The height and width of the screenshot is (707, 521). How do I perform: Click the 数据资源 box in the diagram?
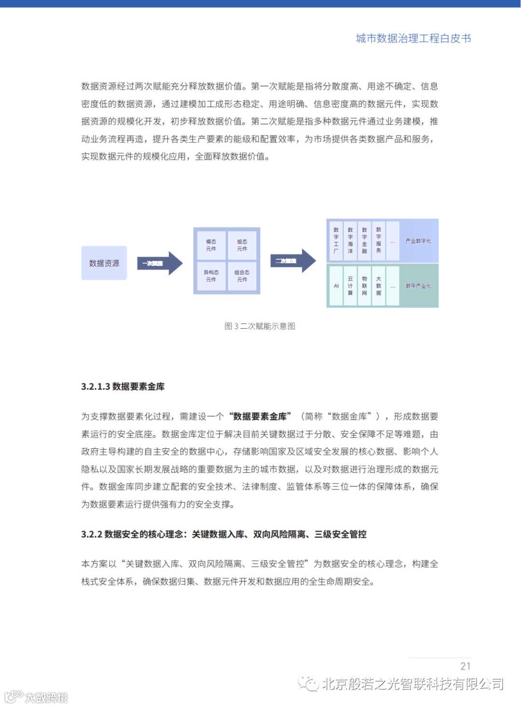(104, 263)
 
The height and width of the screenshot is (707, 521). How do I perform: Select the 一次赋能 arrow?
(160, 263)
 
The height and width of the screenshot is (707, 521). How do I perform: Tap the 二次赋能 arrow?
(292, 261)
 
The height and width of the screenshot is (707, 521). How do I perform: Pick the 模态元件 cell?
(211, 245)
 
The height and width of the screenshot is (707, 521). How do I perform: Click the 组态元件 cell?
(242, 245)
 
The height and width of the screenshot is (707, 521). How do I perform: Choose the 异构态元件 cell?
(211, 276)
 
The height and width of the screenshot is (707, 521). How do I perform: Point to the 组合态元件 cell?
(242, 276)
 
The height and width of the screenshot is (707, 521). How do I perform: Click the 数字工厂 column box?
(336, 240)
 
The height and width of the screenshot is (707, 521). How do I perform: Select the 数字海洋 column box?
(350, 240)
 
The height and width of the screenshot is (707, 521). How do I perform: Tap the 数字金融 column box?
(364, 240)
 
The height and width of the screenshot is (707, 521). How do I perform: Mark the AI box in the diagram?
(336, 286)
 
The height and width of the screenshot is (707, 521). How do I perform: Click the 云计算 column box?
(350, 286)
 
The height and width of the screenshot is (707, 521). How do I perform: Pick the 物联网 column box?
(364, 286)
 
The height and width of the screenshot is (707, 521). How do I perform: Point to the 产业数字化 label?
(418, 241)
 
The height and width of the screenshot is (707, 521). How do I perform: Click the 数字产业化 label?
(418, 286)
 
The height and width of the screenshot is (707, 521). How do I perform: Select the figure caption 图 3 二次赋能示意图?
(260, 326)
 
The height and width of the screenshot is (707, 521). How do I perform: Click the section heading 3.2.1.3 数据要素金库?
(123, 387)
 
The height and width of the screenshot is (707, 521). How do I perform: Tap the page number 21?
(466, 666)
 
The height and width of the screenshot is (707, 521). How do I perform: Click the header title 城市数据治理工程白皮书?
(413, 39)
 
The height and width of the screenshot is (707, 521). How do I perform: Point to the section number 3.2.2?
(92, 534)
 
